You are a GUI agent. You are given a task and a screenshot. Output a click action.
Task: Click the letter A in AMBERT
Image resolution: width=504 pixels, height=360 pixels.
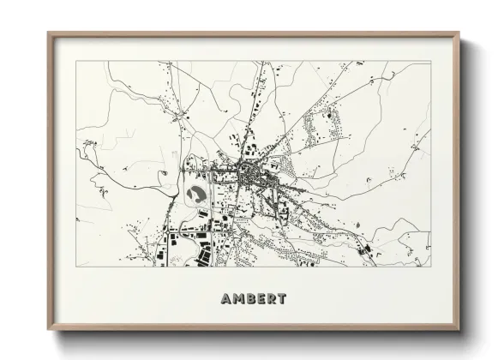coord(225,300)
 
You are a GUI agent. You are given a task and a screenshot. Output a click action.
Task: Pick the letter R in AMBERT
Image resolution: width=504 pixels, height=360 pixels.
coord(273,300)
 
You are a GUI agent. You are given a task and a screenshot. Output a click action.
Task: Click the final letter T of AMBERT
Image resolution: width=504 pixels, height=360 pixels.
coord(283,300)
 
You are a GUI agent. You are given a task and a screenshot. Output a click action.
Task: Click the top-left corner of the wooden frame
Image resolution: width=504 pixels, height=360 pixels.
coord(49,33)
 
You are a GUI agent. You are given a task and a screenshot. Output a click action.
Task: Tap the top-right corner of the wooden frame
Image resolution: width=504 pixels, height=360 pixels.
coord(459,33)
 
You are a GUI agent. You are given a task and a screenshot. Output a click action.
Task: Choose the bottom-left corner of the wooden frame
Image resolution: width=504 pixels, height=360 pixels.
coord(49,331)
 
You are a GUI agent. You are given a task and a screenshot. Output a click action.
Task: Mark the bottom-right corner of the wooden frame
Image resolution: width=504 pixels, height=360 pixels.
coord(459,331)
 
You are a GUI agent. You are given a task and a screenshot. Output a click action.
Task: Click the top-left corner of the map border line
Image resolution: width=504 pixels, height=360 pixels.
coord(77,62)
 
